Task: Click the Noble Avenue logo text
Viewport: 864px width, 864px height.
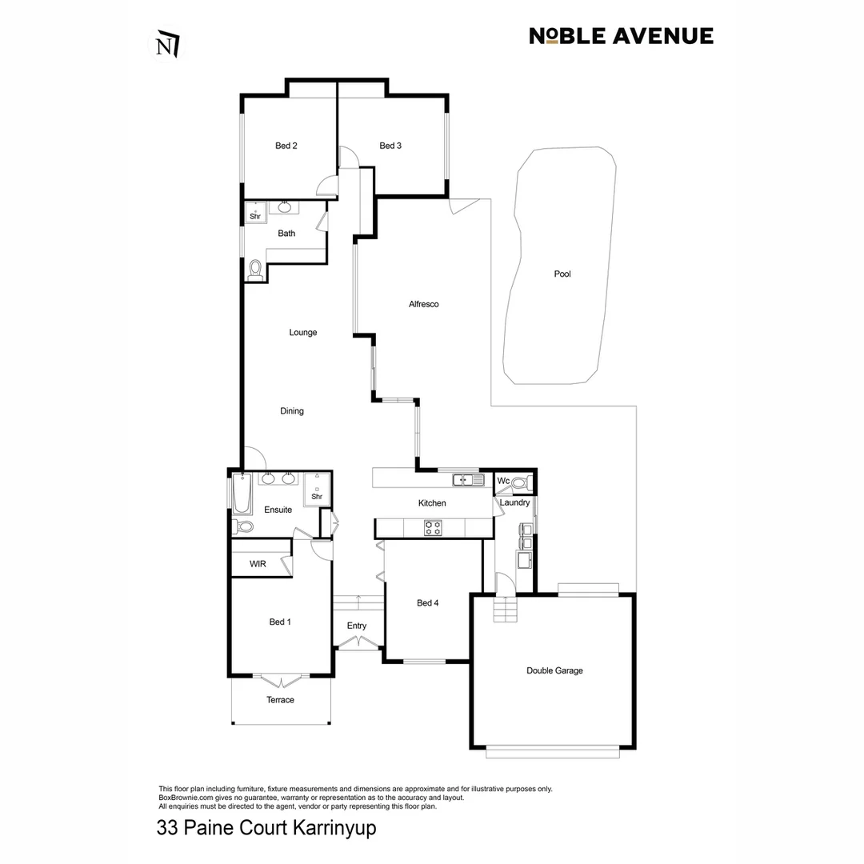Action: pyautogui.click(x=621, y=36)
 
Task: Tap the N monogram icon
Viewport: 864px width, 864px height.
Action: pyautogui.click(x=167, y=45)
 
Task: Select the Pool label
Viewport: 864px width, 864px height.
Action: pyautogui.click(x=562, y=274)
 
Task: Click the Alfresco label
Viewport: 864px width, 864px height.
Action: pyautogui.click(x=423, y=304)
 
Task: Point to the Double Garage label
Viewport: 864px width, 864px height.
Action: pyautogui.click(x=554, y=670)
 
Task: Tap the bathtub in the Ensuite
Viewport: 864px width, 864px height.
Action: pyautogui.click(x=241, y=494)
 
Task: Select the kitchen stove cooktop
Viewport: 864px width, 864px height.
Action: pyautogui.click(x=433, y=527)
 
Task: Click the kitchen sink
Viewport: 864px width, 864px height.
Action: pyautogui.click(x=468, y=480)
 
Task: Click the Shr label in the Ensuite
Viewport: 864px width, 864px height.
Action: pyautogui.click(x=316, y=496)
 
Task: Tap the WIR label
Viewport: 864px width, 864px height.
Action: pyautogui.click(x=258, y=564)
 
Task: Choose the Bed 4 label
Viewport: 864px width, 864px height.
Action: pyautogui.click(x=428, y=603)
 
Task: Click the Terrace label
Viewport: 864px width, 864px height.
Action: pyautogui.click(x=280, y=700)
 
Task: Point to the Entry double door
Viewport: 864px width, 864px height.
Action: pyautogui.click(x=357, y=642)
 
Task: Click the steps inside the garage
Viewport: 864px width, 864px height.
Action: pyautogui.click(x=506, y=612)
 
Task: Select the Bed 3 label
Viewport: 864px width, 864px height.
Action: pyautogui.click(x=390, y=146)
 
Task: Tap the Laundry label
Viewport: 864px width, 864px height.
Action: pyautogui.click(x=514, y=502)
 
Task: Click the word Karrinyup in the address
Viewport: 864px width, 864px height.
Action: pyautogui.click(x=333, y=827)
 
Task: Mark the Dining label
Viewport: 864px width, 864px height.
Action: pyautogui.click(x=292, y=411)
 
